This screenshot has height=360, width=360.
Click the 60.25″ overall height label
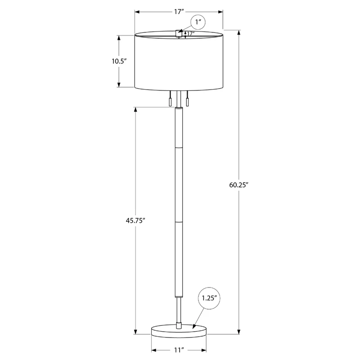pos(239,185)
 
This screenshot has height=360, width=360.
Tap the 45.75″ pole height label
pos(135,220)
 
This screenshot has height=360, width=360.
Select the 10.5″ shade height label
pos(119,61)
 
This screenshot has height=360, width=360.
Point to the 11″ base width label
pos(179,350)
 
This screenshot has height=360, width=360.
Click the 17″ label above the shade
pos(179,12)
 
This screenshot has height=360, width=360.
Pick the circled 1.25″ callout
pos(209,298)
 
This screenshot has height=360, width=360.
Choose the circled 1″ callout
pos(198,22)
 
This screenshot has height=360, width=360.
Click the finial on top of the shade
pos(179,33)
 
